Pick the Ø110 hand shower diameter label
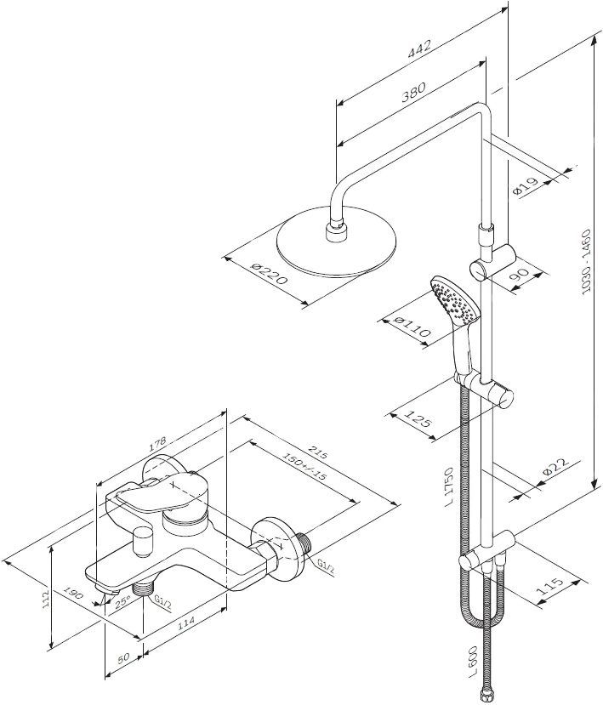(x=412, y=328)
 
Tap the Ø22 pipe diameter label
(x=554, y=467)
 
